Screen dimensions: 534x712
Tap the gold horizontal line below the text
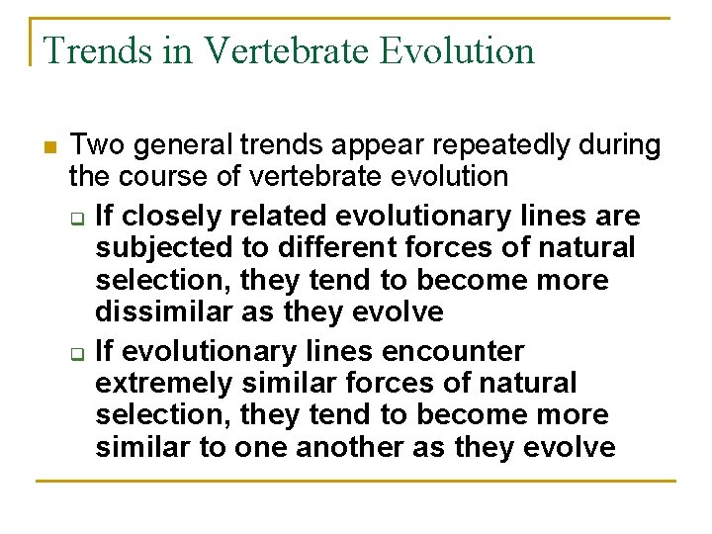coord(356,482)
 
